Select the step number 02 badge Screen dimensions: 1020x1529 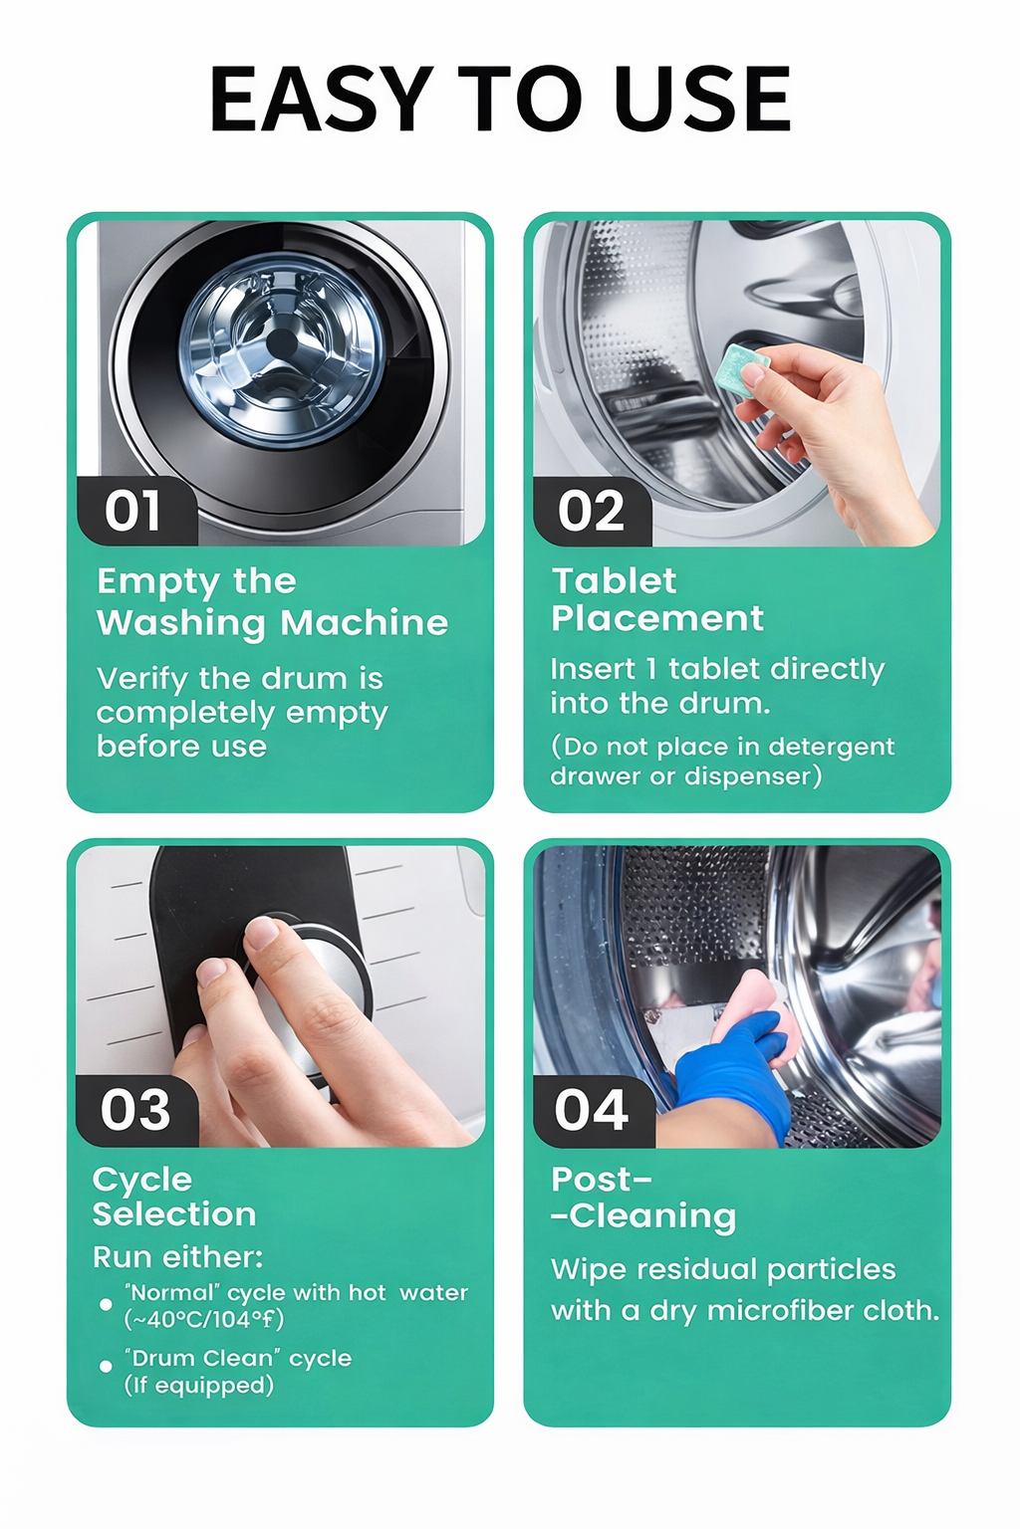(x=592, y=511)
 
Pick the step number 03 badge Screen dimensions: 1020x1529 (x=135, y=1111)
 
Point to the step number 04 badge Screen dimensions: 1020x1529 (x=593, y=1111)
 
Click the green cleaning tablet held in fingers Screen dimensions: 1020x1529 (x=744, y=370)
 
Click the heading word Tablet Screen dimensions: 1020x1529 (x=615, y=581)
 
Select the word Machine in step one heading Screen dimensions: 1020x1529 (x=365, y=622)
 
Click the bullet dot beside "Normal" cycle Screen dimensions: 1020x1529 (x=106, y=1304)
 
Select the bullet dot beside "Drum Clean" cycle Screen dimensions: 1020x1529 (x=106, y=1366)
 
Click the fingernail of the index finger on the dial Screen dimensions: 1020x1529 (x=262, y=933)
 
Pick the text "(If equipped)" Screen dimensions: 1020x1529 (x=199, y=1385)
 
